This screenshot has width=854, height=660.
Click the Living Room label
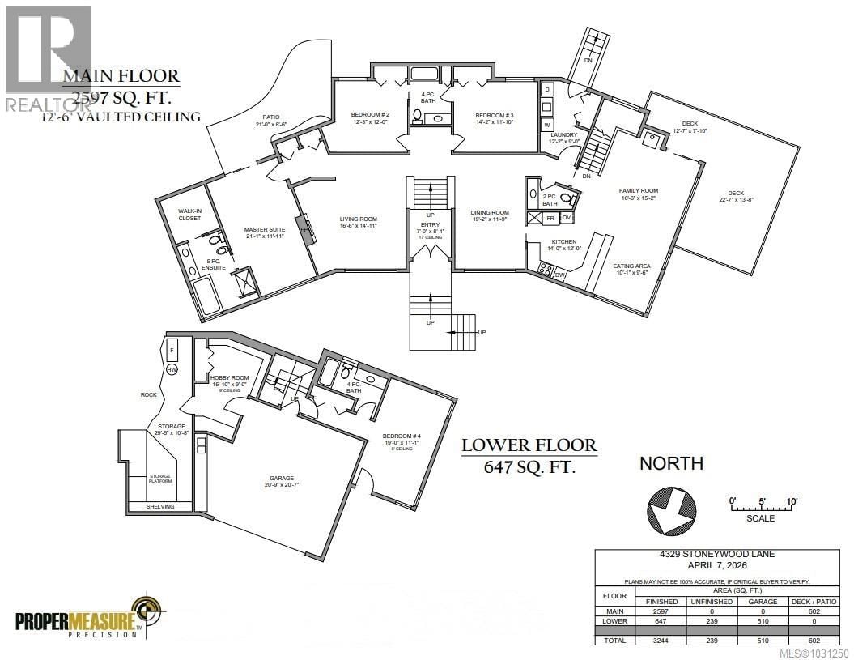point(357,219)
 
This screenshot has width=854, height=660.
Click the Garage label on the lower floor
point(282,478)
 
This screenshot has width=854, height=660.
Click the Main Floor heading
point(121,77)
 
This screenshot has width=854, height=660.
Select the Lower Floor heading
point(529,445)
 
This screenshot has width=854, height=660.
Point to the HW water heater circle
point(172,369)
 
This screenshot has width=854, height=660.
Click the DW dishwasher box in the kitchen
point(560,275)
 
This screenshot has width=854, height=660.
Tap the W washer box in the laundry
point(547,125)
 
